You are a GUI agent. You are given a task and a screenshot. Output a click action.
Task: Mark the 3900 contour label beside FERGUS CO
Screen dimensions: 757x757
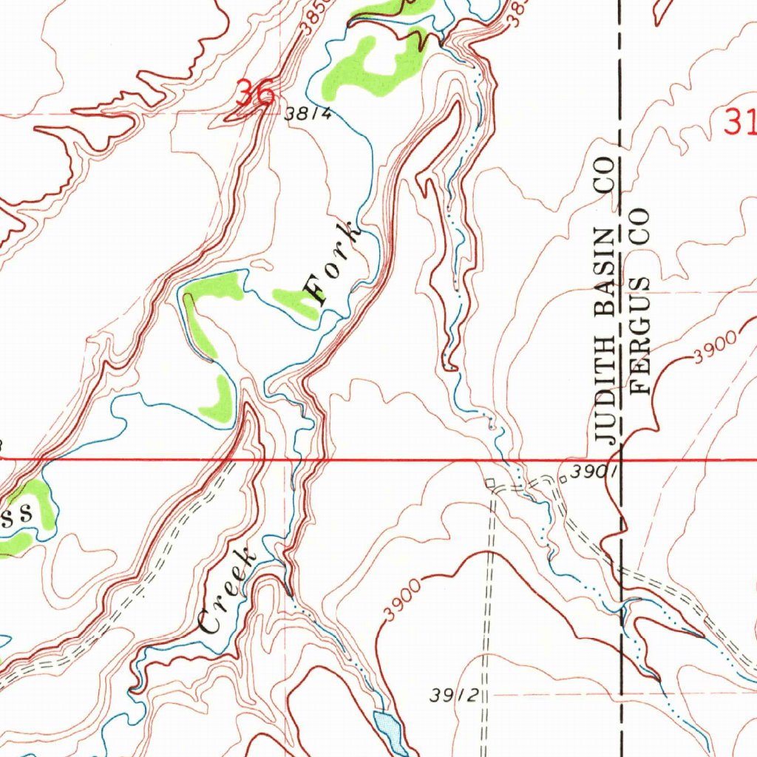[716, 347]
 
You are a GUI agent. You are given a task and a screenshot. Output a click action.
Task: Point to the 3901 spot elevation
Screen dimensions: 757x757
[591, 471]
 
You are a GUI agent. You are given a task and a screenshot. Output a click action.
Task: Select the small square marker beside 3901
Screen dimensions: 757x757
[563, 479]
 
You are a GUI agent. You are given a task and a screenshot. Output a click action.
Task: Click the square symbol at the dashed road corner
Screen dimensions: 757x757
[489, 483]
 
